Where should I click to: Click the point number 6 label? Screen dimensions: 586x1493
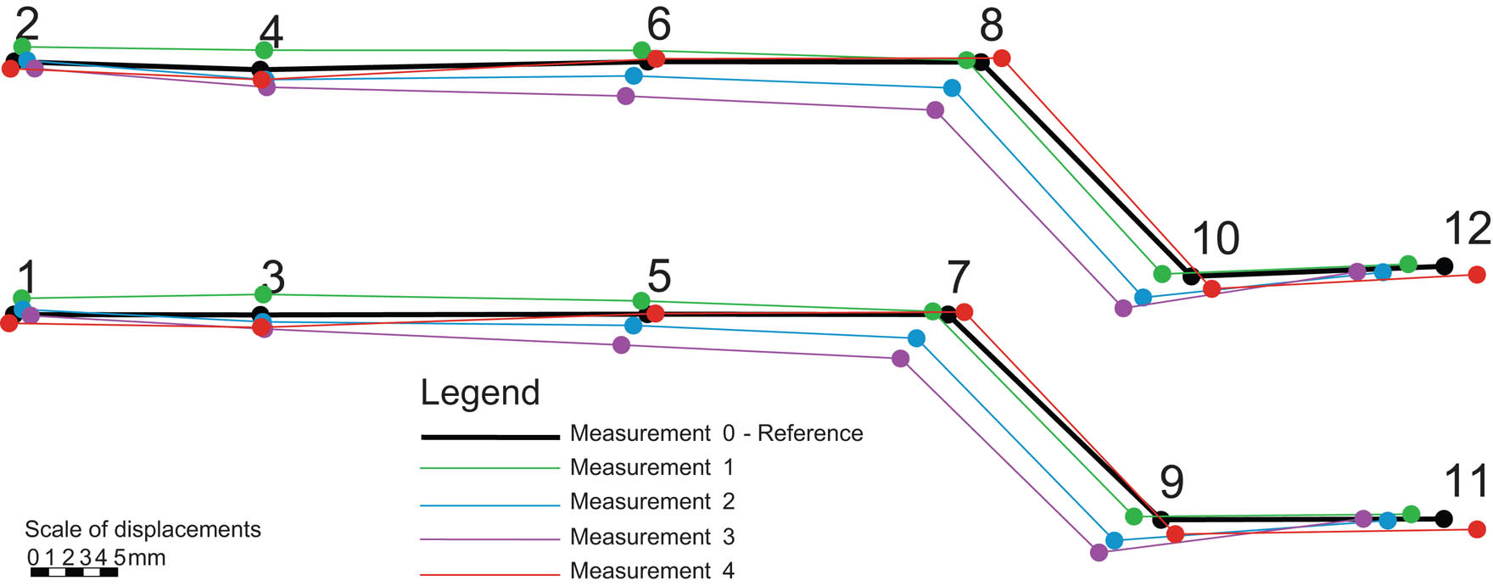(658, 25)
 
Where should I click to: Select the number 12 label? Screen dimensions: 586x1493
(1467, 229)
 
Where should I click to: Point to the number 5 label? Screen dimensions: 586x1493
(658, 276)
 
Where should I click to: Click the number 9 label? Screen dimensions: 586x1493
(1171, 482)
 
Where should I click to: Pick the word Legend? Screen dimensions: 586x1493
(480, 393)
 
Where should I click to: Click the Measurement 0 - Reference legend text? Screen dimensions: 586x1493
(716, 433)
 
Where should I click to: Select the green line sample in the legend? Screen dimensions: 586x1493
(490, 467)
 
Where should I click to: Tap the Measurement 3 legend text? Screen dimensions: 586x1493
(651, 537)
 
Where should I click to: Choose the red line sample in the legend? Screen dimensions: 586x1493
(490, 574)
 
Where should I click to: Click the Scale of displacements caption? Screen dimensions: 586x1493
(143, 529)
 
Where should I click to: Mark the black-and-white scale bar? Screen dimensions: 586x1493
(74, 572)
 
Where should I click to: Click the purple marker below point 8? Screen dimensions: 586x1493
(935, 110)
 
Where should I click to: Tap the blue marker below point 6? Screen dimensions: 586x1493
(634, 75)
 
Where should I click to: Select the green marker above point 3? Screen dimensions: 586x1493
(263, 294)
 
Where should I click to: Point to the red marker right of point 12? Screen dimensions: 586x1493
(1477, 275)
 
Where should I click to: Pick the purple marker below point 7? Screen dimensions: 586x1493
(901, 359)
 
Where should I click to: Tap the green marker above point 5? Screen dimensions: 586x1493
(641, 301)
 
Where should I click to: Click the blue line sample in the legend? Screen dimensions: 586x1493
(490, 505)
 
